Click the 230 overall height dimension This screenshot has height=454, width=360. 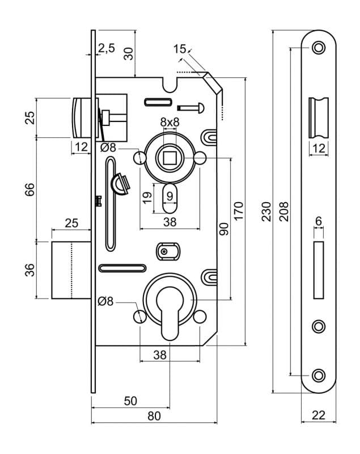click(x=266, y=212)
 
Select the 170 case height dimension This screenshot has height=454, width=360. click(x=239, y=211)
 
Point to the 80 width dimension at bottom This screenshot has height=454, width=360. click(x=154, y=416)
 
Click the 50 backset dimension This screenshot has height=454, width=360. click(x=130, y=401)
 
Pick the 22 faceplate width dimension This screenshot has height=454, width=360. click(x=319, y=415)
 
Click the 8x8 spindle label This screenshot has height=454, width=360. click(x=170, y=122)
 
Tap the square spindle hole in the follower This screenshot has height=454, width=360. click(x=170, y=158)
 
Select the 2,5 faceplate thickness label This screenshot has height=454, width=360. click(x=107, y=48)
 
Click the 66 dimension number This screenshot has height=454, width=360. click(x=29, y=190)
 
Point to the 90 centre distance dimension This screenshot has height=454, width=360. click(x=223, y=229)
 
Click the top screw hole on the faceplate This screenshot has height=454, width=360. click(x=319, y=48)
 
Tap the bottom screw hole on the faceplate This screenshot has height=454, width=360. click(x=319, y=376)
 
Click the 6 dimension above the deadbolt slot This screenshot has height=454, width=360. click(x=319, y=221)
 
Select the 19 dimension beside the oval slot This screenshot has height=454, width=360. click(x=147, y=197)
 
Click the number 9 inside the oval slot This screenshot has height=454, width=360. click(x=170, y=196)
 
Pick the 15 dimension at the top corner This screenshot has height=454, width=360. click(x=180, y=49)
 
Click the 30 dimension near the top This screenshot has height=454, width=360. click(x=128, y=53)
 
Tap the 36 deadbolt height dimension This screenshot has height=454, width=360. click(x=29, y=270)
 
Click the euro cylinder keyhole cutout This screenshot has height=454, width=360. click(x=170, y=312)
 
